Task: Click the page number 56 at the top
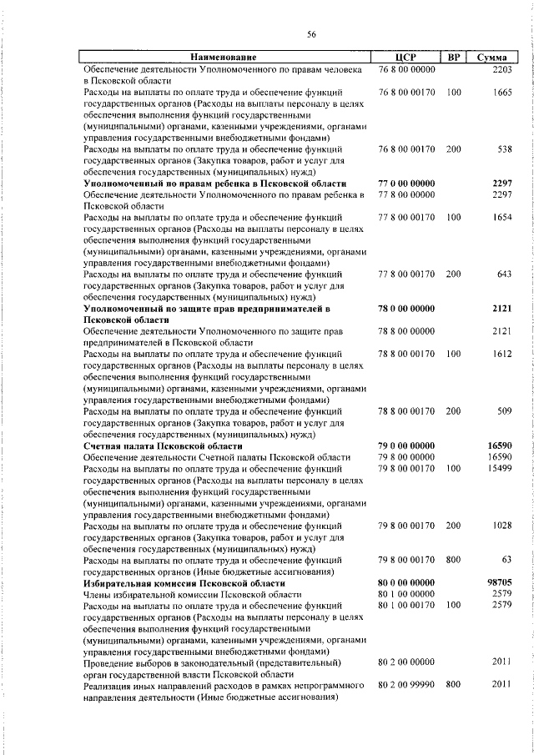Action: (311, 33)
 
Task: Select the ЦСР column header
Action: (406, 57)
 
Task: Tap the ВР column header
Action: (454, 57)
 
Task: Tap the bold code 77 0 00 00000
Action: (406, 183)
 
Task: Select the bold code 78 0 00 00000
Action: (406, 308)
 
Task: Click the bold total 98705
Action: (498, 582)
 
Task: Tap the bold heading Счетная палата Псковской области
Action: (165, 445)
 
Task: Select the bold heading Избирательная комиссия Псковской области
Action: (184, 582)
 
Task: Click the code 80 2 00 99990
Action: (406, 685)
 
